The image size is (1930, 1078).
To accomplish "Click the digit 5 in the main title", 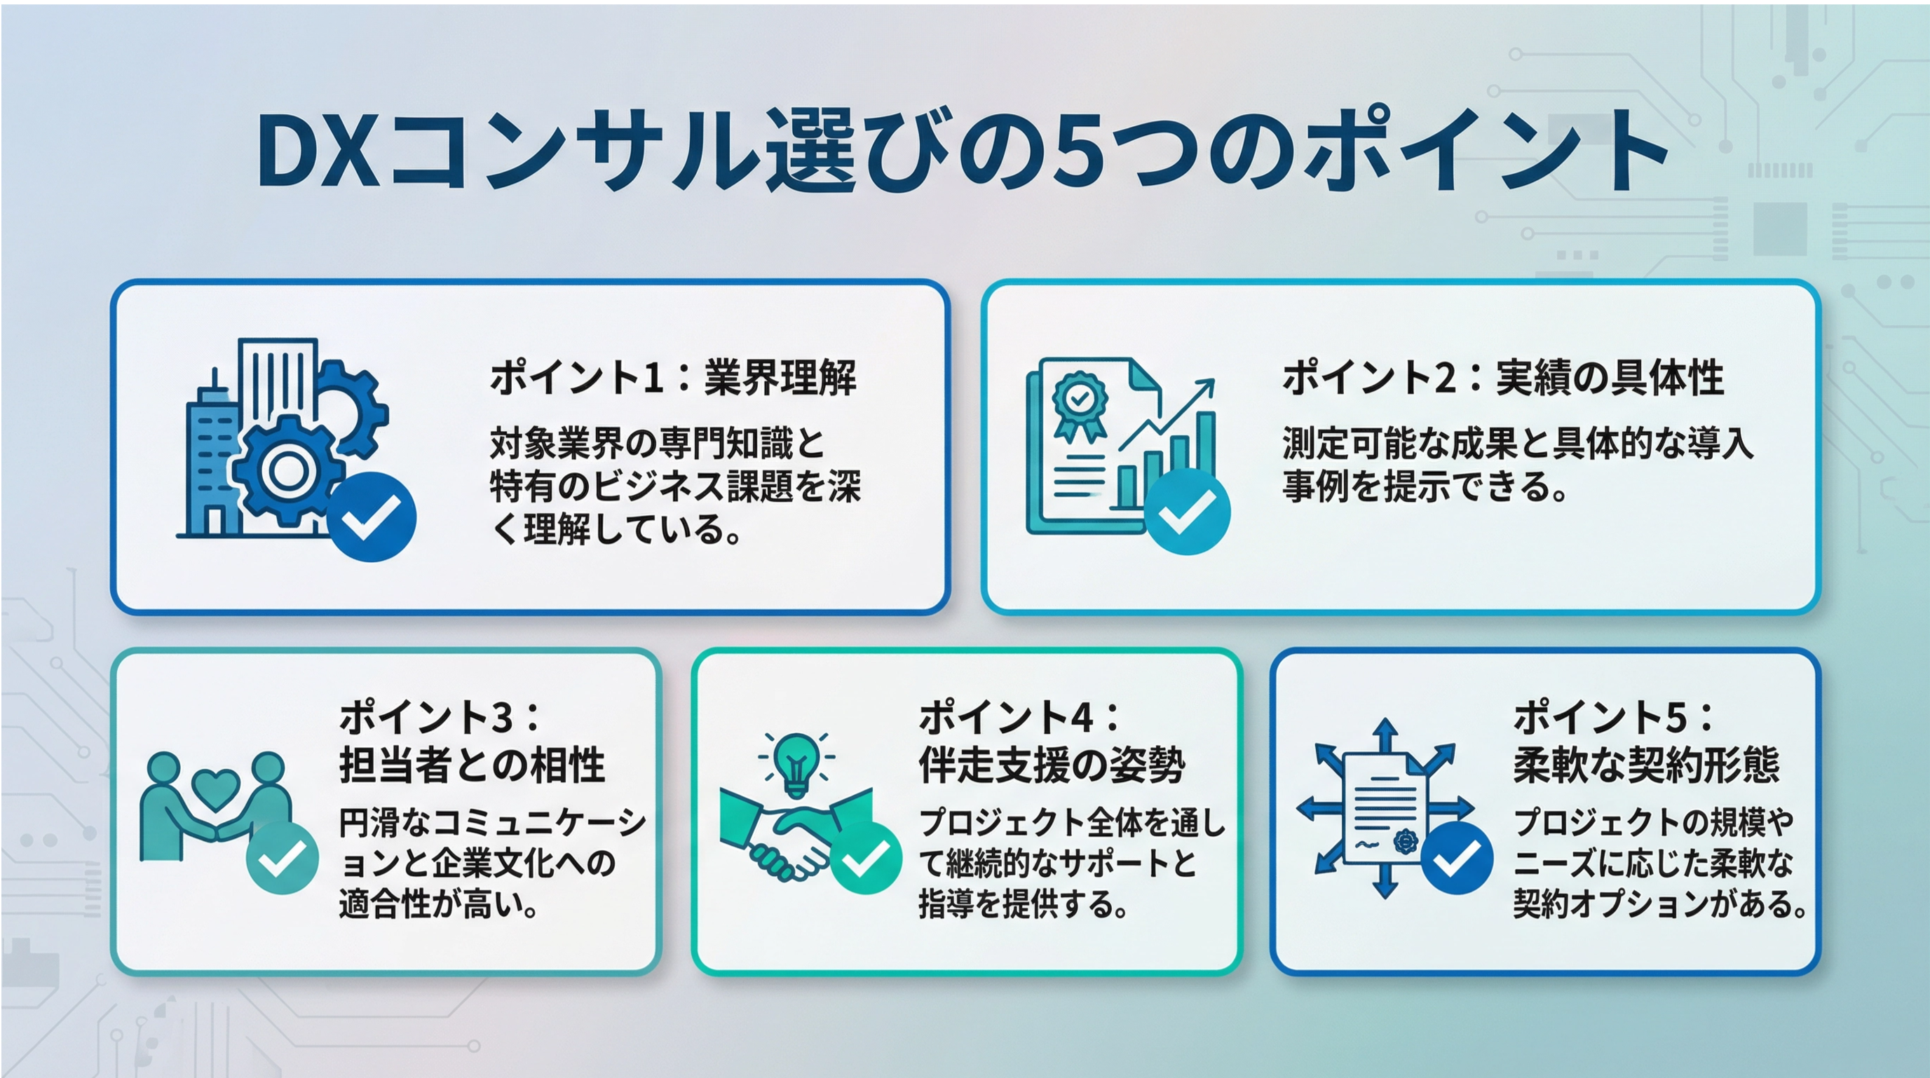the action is [1080, 151].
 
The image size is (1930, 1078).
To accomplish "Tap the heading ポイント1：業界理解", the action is [673, 378].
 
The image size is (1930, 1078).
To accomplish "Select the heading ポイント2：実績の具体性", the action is [1502, 378].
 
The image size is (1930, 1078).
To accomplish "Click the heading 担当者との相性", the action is [472, 765].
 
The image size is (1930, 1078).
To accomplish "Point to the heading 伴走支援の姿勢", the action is [1052, 765].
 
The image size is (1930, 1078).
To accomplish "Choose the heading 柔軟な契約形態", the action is [1646, 765].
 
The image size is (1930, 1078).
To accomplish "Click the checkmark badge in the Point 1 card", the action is [372, 516].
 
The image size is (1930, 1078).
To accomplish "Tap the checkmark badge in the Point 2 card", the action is [1188, 512].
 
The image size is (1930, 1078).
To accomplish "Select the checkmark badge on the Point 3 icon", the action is [283, 858].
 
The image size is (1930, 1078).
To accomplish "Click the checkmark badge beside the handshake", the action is [865, 858].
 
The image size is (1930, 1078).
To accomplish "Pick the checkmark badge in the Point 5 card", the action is [1457, 858].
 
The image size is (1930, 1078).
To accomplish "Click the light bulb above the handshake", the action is [796, 763].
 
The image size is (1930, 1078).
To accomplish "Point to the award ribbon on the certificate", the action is [1080, 404].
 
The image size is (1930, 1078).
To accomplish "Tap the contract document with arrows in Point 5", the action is [1385, 808].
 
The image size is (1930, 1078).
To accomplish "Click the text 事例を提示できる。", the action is [1425, 487].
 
